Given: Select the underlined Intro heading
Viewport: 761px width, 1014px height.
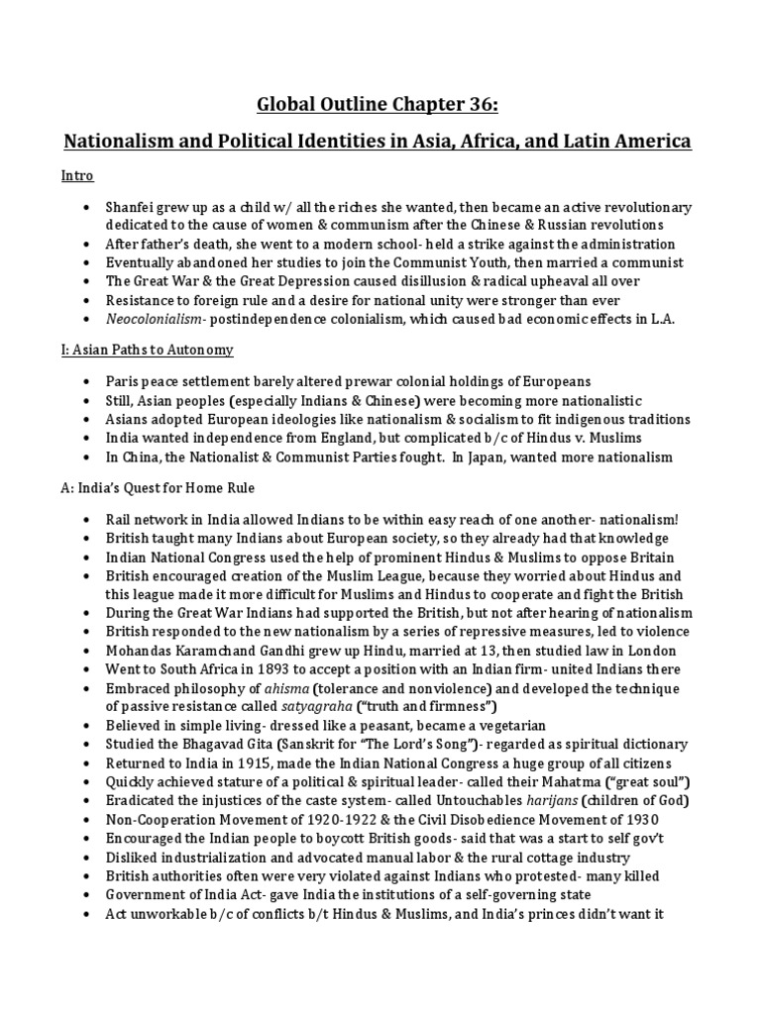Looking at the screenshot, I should pos(78,176).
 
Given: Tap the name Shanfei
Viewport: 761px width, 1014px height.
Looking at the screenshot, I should pos(134,207).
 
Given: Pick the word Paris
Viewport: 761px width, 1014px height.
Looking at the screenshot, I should pos(124,382).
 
